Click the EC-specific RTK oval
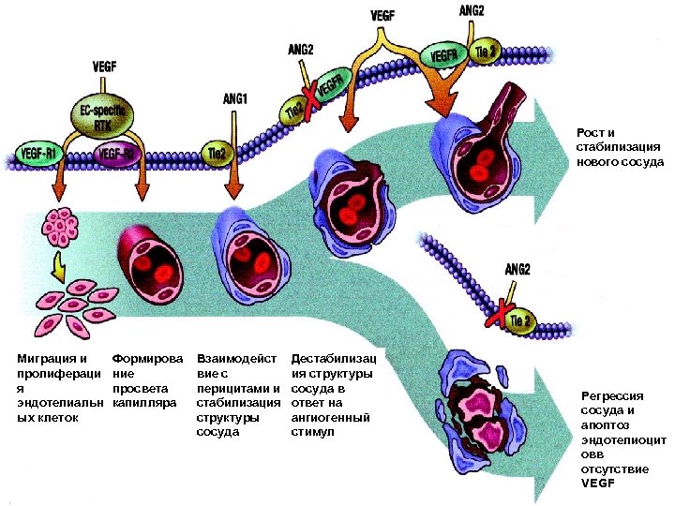point(105,116)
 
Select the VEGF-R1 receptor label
point(39,150)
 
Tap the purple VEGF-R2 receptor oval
point(120,154)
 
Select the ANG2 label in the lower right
point(517,269)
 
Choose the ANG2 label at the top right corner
point(472,11)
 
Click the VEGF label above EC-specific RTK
point(104,66)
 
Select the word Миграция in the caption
point(48,358)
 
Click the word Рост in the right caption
point(591,132)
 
